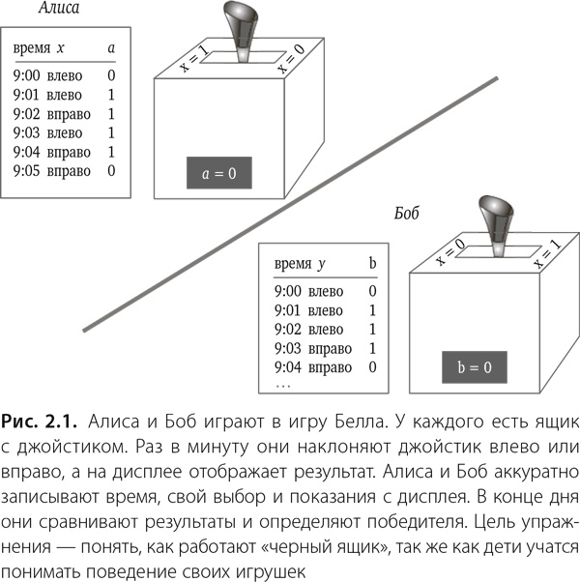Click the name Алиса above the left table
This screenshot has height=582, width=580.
click(59, 8)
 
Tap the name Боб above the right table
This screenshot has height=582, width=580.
click(406, 213)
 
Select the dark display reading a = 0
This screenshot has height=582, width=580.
click(218, 173)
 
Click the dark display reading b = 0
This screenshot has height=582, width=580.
click(475, 367)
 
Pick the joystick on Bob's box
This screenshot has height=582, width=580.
click(496, 225)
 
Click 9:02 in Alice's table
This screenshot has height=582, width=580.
click(26, 114)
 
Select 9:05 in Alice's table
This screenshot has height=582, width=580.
click(26, 171)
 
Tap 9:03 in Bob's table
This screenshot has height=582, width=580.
click(288, 348)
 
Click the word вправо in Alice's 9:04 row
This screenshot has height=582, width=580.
click(69, 153)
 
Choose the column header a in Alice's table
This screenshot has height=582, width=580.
click(111, 48)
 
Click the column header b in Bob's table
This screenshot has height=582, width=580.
click(372, 263)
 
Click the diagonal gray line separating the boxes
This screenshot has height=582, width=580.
click(290, 204)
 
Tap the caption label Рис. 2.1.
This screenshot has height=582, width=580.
click(39, 422)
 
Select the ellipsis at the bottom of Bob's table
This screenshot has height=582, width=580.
click(283, 387)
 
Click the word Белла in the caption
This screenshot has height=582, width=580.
click(360, 422)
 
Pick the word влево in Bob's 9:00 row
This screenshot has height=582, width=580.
click(326, 291)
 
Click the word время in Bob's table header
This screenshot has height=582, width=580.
click(293, 264)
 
